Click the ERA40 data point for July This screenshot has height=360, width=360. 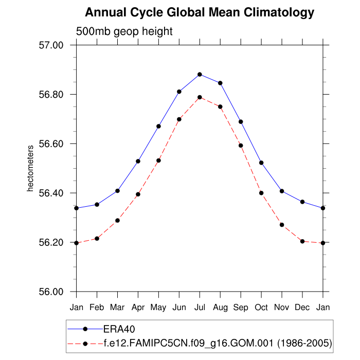pyautogui.click(x=200, y=74)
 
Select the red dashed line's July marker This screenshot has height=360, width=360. pyautogui.click(x=200, y=97)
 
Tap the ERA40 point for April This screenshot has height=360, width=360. pyautogui.click(x=138, y=161)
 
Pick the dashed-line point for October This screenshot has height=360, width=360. pyautogui.click(x=261, y=193)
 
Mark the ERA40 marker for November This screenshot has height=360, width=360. pyautogui.click(x=282, y=191)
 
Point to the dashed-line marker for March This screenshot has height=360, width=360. pyautogui.click(x=117, y=220)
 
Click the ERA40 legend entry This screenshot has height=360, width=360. pyautogui.click(x=119, y=329)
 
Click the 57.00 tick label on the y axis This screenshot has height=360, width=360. pyautogui.click(x=51, y=45)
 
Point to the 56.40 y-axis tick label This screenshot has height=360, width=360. pyautogui.click(x=51, y=193)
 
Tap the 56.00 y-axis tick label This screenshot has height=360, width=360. pyautogui.click(x=51, y=292)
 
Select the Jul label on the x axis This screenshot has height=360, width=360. pyautogui.click(x=200, y=308)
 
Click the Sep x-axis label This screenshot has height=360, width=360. pyautogui.click(x=241, y=308)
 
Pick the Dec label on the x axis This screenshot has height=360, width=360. pyautogui.click(x=302, y=308)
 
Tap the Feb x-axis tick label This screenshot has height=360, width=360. pyautogui.click(x=97, y=308)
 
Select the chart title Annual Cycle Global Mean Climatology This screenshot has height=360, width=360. pyautogui.click(x=200, y=12)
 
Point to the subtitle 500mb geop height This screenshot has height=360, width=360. pyautogui.click(x=124, y=31)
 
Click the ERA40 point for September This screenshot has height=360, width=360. pyautogui.click(x=241, y=121)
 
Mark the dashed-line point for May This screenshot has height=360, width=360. pyautogui.click(x=158, y=160)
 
